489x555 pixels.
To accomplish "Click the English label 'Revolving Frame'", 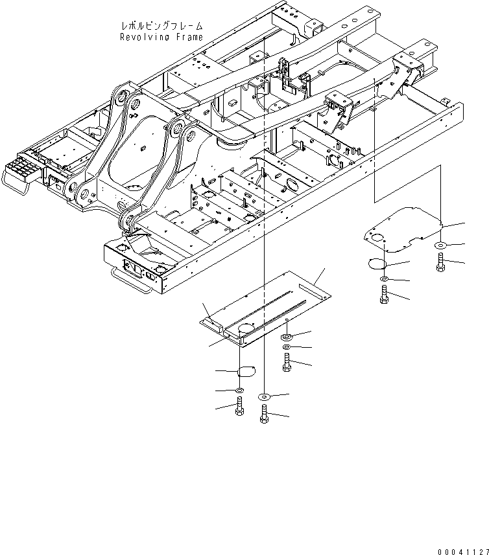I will pyautogui.click(x=161, y=37).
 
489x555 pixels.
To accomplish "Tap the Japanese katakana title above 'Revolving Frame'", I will pyautogui.click(x=161, y=26).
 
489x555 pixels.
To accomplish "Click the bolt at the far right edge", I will pyautogui.click(x=441, y=262).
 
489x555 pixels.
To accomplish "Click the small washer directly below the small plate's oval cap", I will pyautogui.click(x=384, y=279).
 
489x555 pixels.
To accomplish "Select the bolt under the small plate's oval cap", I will pyautogui.click(x=384, y=296).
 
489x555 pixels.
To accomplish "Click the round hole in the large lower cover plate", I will pyautogui.click(x=246, y=329).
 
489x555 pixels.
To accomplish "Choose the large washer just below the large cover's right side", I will pyautogui.click(x=287, y=337).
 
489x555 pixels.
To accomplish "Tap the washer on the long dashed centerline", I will pyautogui.click(x=264, y=396).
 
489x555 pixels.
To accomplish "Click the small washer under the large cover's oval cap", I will pyautogui.click(x=239, y=391).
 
